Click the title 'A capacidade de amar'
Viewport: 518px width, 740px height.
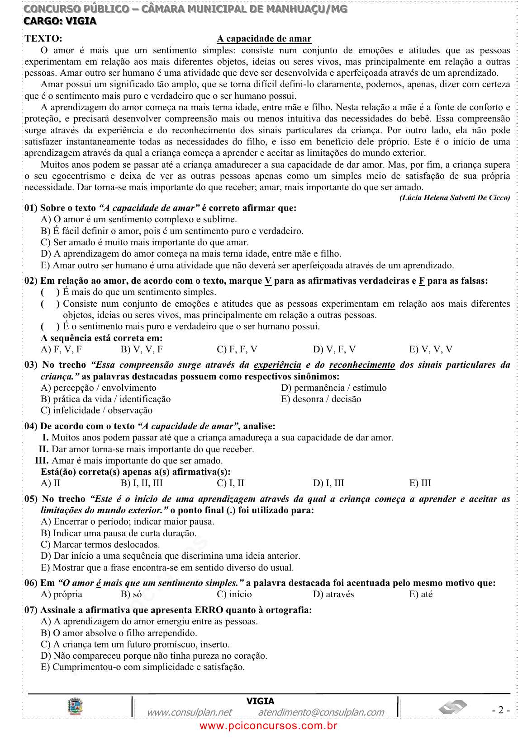pyautogui.click(x=264, y=39)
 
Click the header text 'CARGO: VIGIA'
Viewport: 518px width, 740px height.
pyautogui.click(x=60, y=21)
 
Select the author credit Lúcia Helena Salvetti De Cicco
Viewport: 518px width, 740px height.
pyautogui.click(x=454, y=197)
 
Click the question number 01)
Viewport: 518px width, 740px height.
pyautogui.click(x=31, y=208)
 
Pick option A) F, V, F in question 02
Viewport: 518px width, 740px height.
pyautogui.click(x=61, y=349)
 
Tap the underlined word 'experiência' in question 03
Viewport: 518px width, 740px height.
pyautogui.click(x=277, y=365)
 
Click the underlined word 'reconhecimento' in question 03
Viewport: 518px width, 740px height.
pyautogui.click(x=362, y=365)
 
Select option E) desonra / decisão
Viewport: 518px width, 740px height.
pyautogui.click(x=321, y=399)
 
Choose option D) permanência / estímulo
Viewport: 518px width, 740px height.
pyautogui.click(x=333, y=388)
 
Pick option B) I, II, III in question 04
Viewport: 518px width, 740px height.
pyautogui.click(x=142, y=483)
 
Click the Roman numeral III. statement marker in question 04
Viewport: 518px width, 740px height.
pyautogui.click(x=42, y=460)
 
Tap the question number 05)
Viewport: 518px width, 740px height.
pyautogui.click(x=31, y=499)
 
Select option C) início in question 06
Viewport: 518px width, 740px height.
pyautogui.click(x=234, y=594)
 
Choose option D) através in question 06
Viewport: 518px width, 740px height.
pyautogui.click(x=333, y=594)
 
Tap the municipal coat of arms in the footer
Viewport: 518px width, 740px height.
pyautogui.click(x=75, y=706)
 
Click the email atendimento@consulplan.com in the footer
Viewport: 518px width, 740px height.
pyautogui.click(x=321, y=712)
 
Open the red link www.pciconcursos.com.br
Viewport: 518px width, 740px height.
pyautogui.click(x=268, y=726)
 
